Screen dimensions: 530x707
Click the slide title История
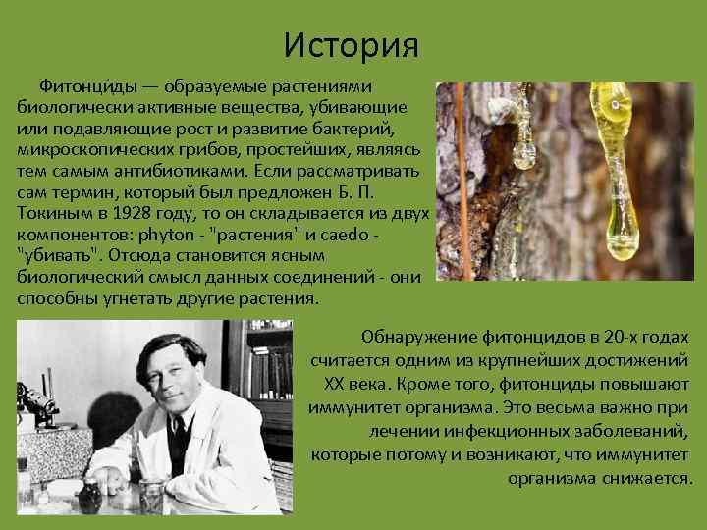tap(351, 45)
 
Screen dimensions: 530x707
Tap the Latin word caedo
tap(351, 236)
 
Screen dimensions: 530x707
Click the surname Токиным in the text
tap(51, 214)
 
